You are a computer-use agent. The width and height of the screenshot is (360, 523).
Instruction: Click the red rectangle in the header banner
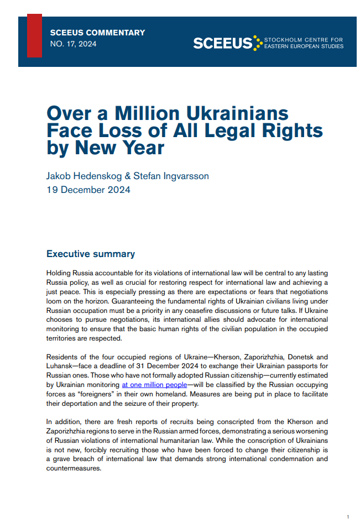(34, 36)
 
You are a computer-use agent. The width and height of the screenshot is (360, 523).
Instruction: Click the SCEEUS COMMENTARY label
(97, 33)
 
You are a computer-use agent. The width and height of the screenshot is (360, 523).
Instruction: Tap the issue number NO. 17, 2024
(73, 44)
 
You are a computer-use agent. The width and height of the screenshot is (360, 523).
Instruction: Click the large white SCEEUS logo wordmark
(222, 43)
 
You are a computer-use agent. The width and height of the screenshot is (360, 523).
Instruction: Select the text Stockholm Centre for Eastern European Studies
(304, 43)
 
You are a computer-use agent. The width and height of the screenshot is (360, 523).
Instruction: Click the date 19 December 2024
(88, 190)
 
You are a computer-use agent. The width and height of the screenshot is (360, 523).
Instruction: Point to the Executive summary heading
(91, 254)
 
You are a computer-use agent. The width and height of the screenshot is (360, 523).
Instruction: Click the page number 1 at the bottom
(348, 516)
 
